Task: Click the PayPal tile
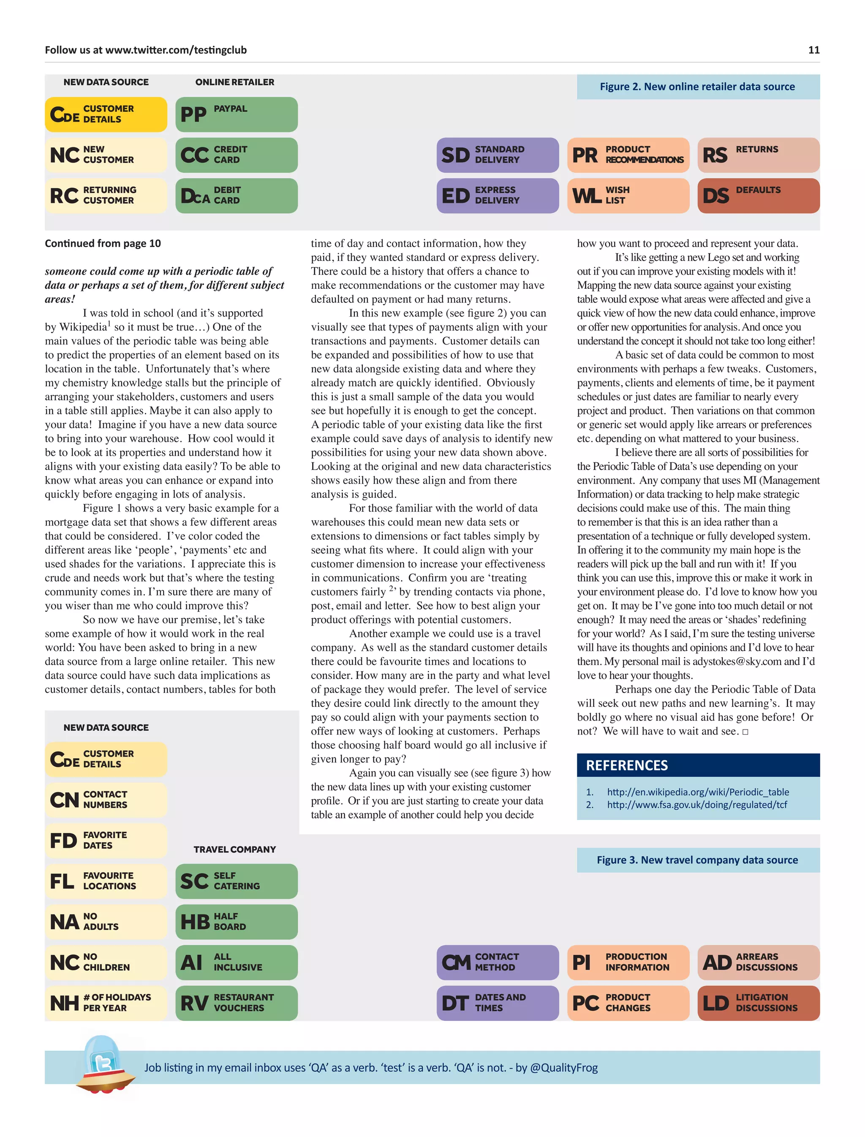click(x=237, y=114)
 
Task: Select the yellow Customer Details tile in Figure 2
click(x=106, y=114)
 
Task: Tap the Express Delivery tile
click(x=498, y=195)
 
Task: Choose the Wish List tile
click(x=628, y=195)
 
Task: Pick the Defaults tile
click(x=758, y=195)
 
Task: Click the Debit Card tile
click(x=237, y=195)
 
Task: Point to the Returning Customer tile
click(x=106, y=195)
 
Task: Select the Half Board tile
click(x=237, y=921)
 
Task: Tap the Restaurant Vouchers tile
click(x=237, y=1003)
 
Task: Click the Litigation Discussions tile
click(x=758, y=1003)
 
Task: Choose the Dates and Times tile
click(x=498, y=1003)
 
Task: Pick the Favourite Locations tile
click(x=106, y=881)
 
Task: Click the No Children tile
click(x=106, y=962)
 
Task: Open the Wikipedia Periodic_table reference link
click(x=698, y=792)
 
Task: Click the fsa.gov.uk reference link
click(x=696, y=804)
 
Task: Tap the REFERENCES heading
click(x=627, y=765)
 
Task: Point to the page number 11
click(x=813, y=50)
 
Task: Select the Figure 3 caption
click(x=697, y=860)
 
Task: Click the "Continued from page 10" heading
click(x=103, y=244)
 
